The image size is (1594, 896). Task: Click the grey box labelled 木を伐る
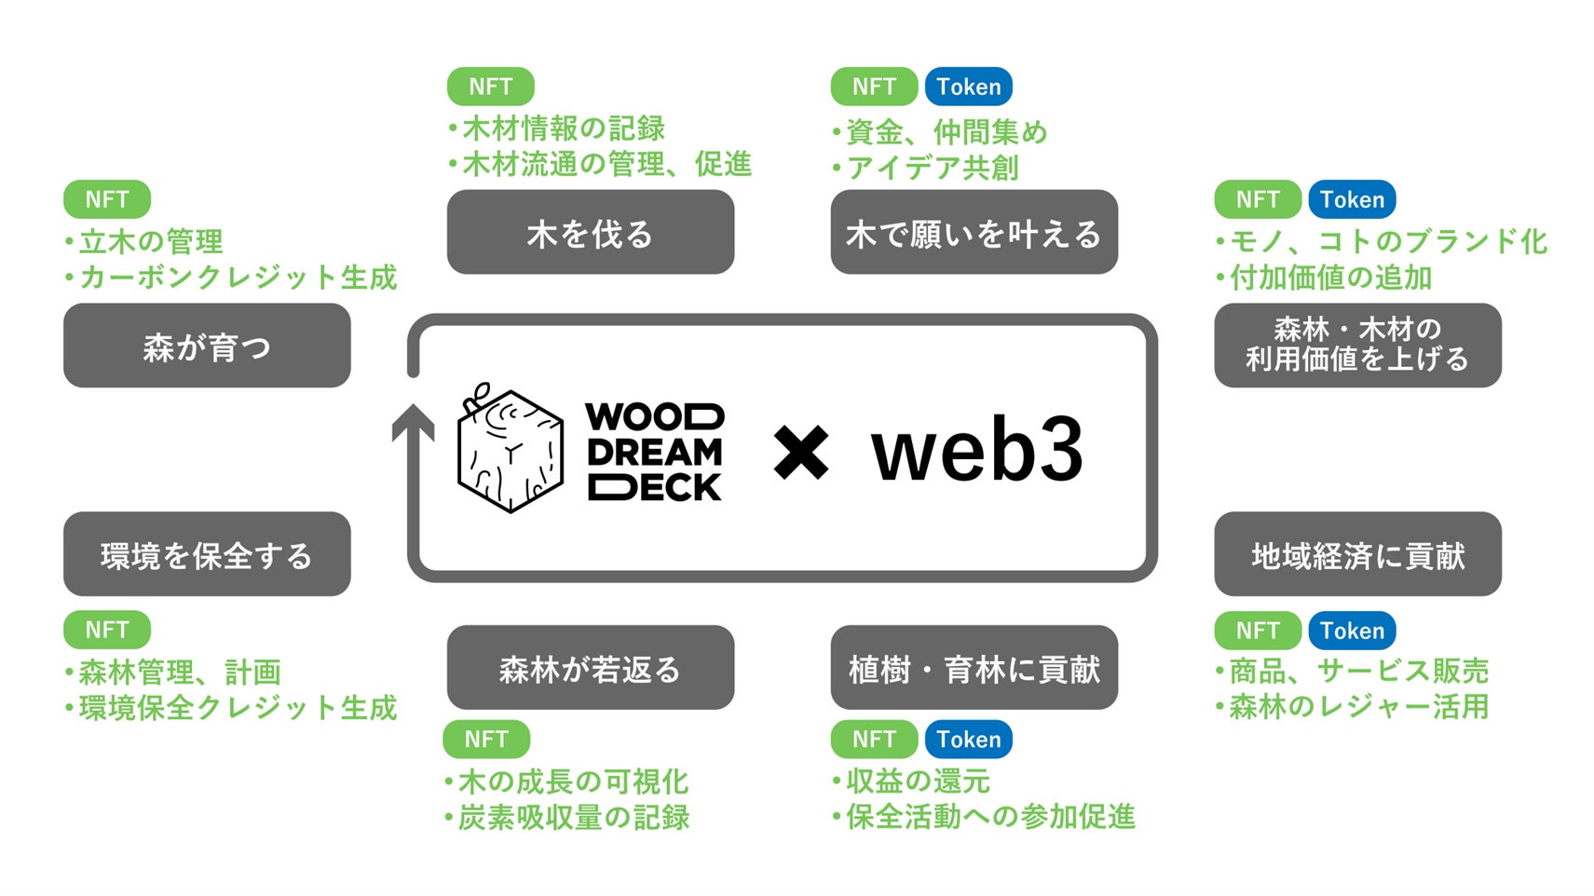(x=590, y=233)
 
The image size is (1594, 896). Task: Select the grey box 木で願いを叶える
(x=974, y=233)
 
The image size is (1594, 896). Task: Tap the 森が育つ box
(x=207, y=346)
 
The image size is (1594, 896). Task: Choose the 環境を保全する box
(x=207, y=554)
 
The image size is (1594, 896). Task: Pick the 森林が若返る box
(x=590, y=668)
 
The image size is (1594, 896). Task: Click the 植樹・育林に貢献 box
(x=974, y=668)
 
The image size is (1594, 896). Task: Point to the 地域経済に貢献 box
(x=1357, y=554)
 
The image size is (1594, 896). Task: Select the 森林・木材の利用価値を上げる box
(x=1357, y=345)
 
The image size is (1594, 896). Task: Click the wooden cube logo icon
(x=510, y=449)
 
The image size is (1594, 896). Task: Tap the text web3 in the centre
(x=976, y=449)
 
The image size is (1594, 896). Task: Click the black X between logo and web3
(x=800, y=452)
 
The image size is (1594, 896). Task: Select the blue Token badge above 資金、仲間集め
(x=968, y=87)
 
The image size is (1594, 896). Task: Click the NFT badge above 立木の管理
(x=107, y=199)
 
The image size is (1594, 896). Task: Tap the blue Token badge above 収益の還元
(x=968, y=740)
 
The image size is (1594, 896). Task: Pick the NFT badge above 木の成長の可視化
(x=486, y=740)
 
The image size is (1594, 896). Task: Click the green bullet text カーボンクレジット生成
(x=238, y=278)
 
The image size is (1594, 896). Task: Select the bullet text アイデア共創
(x=932, y=168)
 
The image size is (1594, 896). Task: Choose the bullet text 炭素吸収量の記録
(x=573, y=818)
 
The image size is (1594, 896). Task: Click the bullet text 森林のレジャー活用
(x=1357, y=707)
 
